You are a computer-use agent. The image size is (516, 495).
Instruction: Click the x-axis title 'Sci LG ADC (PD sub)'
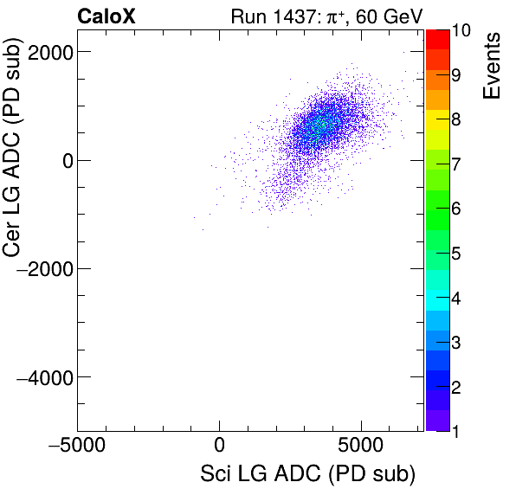(x=307, y=474)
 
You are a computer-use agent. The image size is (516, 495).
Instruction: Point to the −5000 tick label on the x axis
(x=77, y=447)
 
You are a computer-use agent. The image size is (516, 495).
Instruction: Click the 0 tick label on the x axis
(x=220, y=447)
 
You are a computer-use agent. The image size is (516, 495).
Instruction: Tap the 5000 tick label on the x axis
(x=361, y=447)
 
